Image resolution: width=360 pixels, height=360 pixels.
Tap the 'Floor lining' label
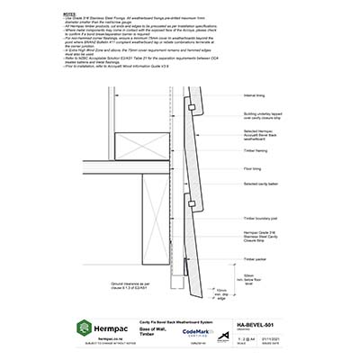253,167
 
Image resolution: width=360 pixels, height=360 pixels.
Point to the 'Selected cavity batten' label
260,184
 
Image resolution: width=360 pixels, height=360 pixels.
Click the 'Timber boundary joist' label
260,217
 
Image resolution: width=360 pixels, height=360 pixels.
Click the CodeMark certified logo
213,332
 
